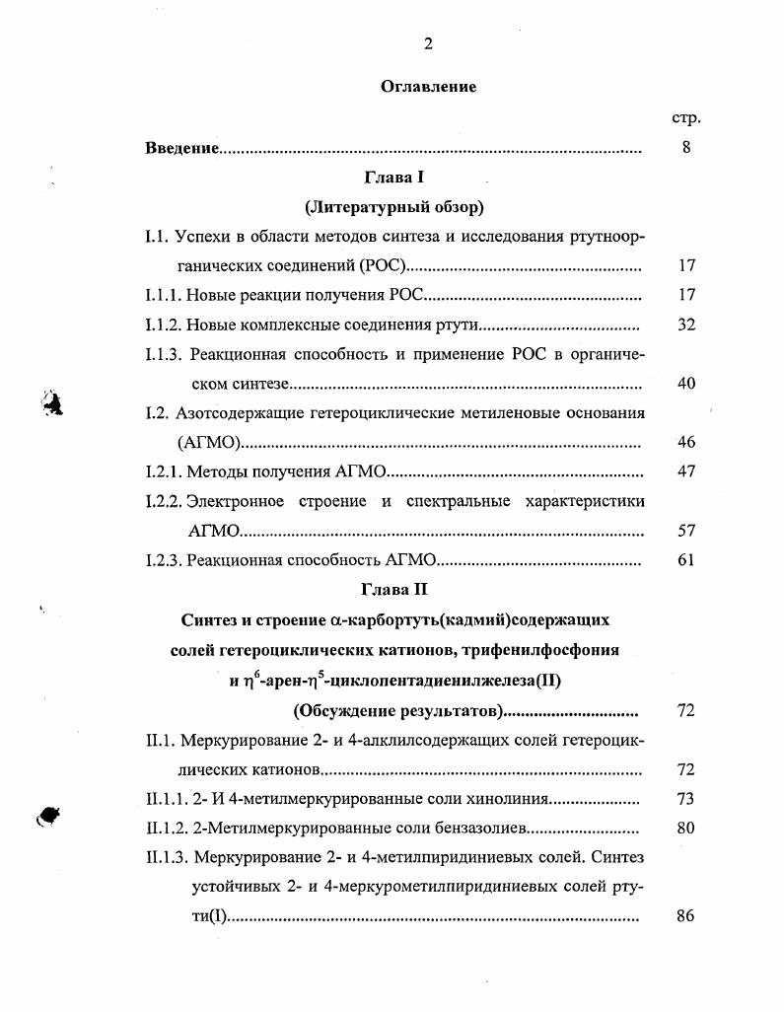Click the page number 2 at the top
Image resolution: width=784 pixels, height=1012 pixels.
(428, 42)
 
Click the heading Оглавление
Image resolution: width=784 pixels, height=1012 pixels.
(428, 87)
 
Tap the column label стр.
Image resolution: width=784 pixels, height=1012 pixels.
(686, 117)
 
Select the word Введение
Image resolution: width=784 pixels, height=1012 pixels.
(181, 148)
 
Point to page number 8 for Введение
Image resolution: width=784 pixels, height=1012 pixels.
(686, 148)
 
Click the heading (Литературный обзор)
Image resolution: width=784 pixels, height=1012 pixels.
(393, 207)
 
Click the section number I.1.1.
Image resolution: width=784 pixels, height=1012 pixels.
(164, 295)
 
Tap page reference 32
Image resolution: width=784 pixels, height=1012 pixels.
(686, 325)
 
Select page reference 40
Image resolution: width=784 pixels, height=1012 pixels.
(686, 384)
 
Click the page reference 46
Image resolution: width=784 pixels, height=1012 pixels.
(686, 443)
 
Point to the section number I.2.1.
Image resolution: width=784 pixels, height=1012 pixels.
(164, 472)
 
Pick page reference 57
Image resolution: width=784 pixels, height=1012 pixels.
(686, 531)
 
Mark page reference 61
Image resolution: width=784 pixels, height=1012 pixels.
(686, 560)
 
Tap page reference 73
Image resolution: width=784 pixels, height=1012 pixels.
(686, 799)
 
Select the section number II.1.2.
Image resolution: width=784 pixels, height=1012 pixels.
(167, 829)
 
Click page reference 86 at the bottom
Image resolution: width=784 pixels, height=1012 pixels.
(686, 916)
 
